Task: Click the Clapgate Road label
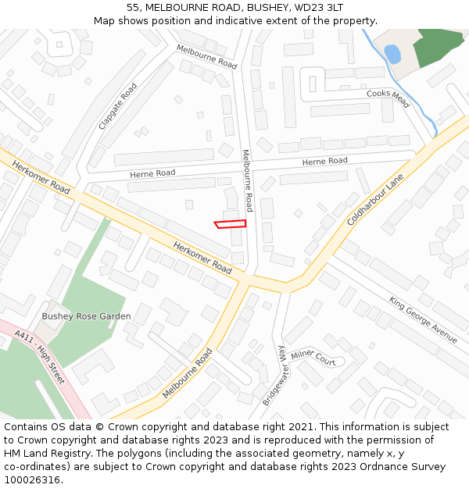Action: click(x=118, y=106)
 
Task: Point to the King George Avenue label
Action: click(x=423, y=319)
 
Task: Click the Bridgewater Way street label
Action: click(x=272, y=376)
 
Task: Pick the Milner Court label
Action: click(x=313, y=358)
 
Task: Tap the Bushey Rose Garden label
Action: click(x=86, y=316)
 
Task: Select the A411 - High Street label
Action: click(x=40, y=356)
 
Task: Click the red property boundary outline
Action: click(x=231, y=224)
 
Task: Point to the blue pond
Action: click(x=392, y=54)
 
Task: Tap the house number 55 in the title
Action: click(x=133, y=7)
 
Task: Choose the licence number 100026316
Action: click(x=34, y=480)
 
